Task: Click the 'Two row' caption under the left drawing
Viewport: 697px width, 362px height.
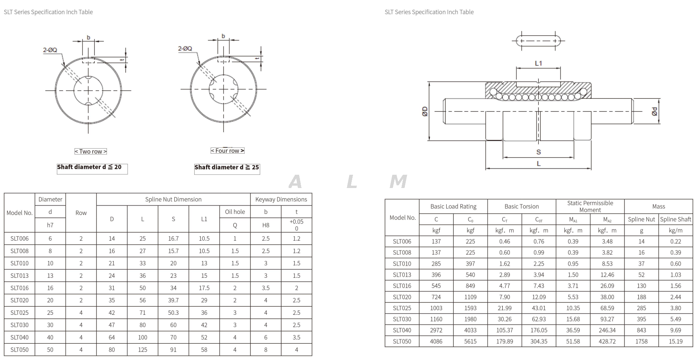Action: [x=90, y=151]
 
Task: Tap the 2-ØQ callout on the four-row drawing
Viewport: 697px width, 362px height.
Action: [x=185, y=49]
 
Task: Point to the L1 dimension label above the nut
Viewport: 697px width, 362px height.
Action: [x=538, y=63]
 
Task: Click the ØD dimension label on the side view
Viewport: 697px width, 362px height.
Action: [x=425, y=112]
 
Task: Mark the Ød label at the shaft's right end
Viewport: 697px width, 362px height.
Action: [x=654, y=112]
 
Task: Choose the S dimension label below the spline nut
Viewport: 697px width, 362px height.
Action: [x=538, y=152]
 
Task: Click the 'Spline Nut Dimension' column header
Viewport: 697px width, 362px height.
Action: [x=173, y=199]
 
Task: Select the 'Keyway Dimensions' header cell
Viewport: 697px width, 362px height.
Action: [x=281, y=199]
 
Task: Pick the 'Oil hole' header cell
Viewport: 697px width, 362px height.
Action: [x=235, y=212]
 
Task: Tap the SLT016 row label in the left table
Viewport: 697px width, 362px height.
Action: [x=20, y=288]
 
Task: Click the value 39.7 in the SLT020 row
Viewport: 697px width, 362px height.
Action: [x=173, y=300]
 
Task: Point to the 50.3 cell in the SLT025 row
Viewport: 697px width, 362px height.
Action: [x=173, y=312]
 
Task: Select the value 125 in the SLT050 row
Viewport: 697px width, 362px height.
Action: [x=142, y=350]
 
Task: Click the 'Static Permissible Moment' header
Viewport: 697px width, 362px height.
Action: [x=590, y=206]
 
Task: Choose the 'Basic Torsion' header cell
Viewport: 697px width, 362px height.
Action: [x=521, y=206]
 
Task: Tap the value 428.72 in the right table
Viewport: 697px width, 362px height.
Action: [x=607, y=341]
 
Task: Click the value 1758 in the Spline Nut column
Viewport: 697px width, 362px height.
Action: [x=641, y=341]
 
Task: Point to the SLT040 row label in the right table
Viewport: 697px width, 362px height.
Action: [x=402, y=330]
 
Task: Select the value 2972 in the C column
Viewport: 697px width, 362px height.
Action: [x=436, y=330]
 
